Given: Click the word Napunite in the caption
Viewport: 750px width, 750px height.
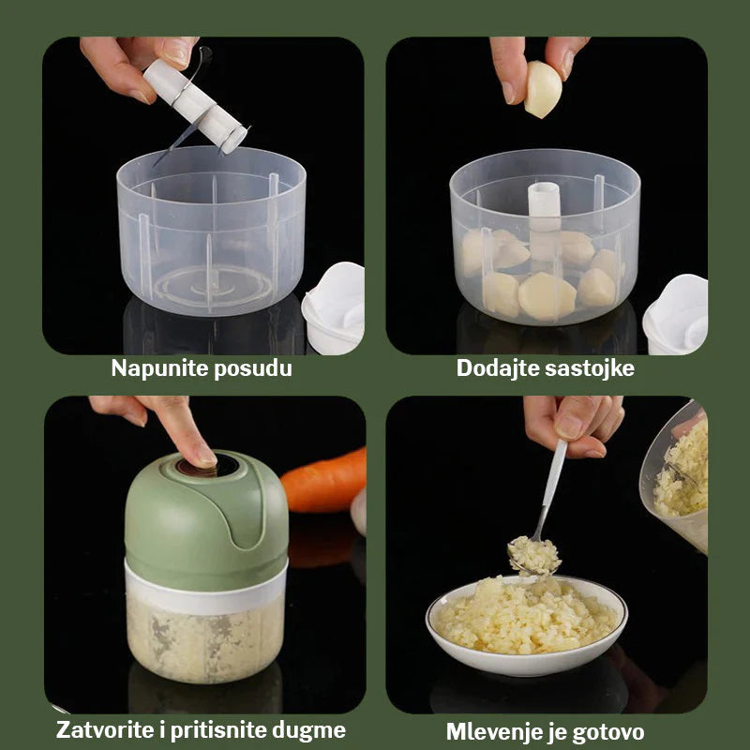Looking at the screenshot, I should (156, 368).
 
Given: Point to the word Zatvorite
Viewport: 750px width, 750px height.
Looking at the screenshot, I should (108, 730).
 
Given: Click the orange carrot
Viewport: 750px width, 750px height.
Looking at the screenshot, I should (325, 480).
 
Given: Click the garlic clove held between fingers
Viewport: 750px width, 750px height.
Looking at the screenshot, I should (543, 89).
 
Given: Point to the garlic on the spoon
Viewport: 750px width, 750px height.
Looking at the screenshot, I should (533, 555).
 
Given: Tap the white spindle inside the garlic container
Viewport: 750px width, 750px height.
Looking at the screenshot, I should (544, 216).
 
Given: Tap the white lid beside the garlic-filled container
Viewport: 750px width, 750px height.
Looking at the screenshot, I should (677, 315).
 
